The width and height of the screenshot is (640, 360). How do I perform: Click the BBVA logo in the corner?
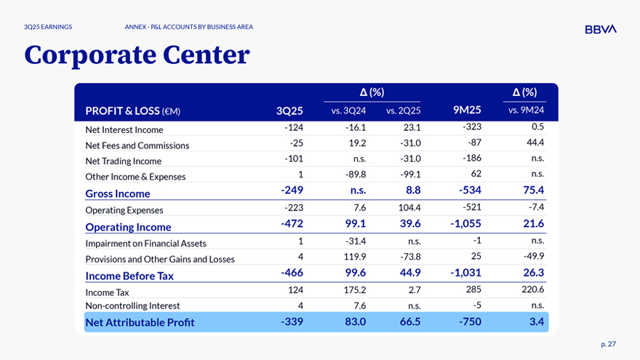[x=600, y=29]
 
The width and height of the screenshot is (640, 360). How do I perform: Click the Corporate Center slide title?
[x=137, y=55]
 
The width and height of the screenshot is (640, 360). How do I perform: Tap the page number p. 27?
[x=608, y=343]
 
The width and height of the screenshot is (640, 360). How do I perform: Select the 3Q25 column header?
[x=289, y=111]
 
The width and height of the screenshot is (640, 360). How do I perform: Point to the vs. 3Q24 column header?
[x=348, y=111]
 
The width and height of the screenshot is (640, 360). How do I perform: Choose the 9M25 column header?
[x=467, y=111]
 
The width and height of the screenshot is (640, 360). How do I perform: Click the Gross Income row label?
[x=118, y=193]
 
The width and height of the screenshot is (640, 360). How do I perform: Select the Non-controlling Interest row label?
[x=132, y=306]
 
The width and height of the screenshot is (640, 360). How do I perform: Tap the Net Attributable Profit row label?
[x=140, y=322]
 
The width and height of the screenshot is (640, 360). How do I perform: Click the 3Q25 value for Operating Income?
[x=292, y=226]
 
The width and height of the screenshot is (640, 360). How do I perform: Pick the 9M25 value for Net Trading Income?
[x=471, y=160]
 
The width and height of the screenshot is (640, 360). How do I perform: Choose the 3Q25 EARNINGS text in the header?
[x=47, y=27]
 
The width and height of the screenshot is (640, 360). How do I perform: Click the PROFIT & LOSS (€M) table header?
[x=132, y=111]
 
